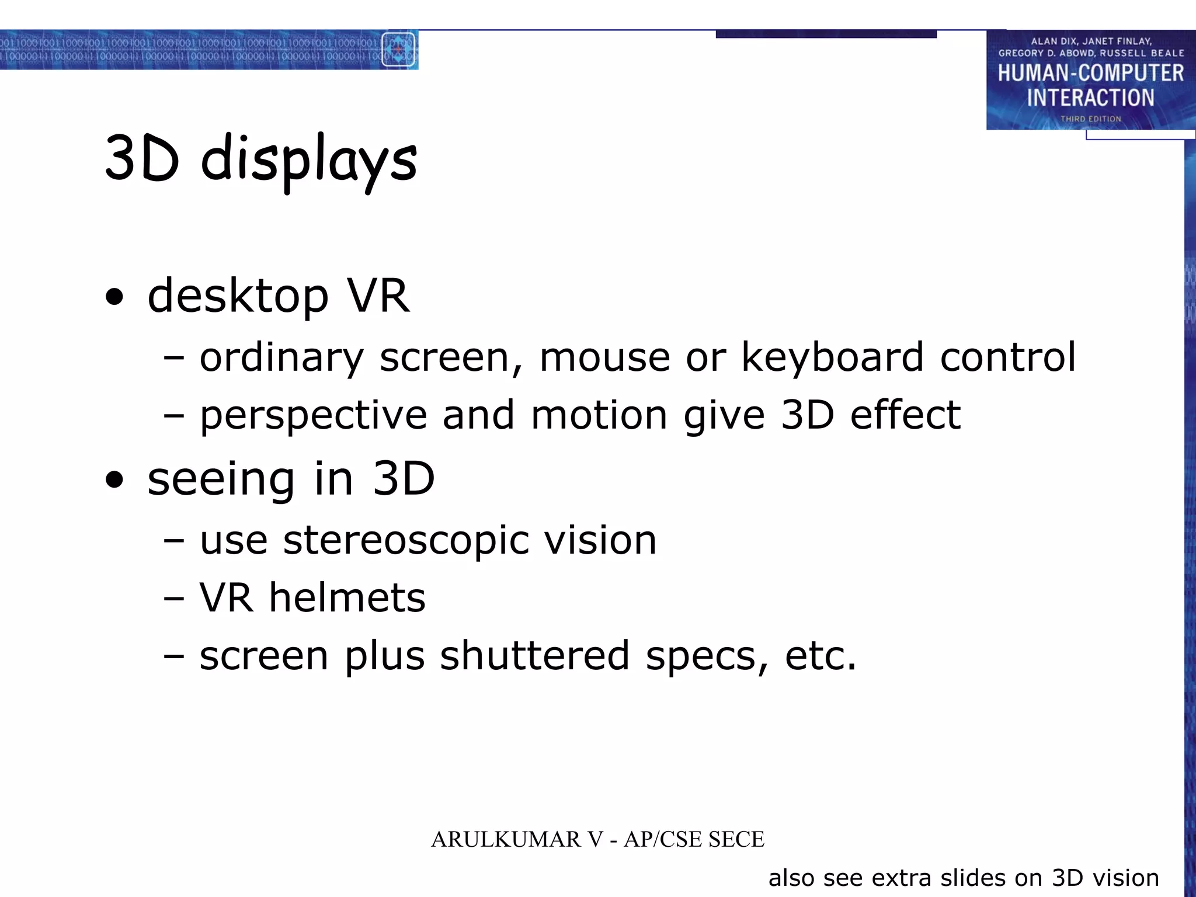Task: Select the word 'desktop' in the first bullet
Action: coord(238,296)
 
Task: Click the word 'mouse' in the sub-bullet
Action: coord(604,357)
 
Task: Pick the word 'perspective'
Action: coord(314,416)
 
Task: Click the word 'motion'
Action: coord(599,415)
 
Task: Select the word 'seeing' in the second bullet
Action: coord(221,480)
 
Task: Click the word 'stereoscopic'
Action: coord(406,540)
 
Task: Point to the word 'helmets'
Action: coord(347,598)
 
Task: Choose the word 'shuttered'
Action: coord(534,656)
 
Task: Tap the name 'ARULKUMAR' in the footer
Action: coord(506,840)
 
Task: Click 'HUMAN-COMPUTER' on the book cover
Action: coord(1090,74)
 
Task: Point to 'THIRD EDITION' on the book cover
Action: coord(1090,119)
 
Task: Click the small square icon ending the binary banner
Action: coord(398,50)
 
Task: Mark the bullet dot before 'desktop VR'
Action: coord(115,297)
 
